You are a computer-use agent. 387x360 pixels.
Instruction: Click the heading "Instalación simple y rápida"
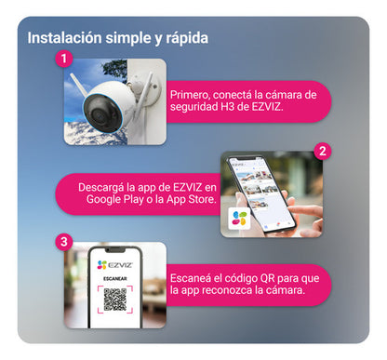click(x=117, y=38)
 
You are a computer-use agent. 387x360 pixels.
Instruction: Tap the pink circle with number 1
click(x=63, y=58)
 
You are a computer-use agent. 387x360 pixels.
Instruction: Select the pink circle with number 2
click(x=322, y=149)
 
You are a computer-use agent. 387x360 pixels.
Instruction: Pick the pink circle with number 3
click(x=63, y=241)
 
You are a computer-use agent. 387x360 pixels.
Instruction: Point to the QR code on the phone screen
click(x=114, y=300)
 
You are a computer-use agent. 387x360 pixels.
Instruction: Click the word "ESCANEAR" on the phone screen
click(x=114, y=277)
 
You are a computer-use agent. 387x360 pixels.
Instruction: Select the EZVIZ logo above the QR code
click(x=114, y=265)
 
